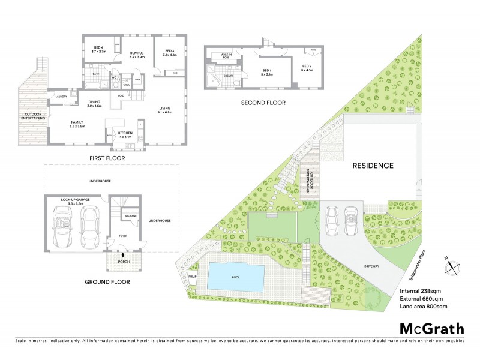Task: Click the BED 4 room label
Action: click(x=99, y=50)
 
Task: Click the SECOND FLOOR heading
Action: click(x=263, y=103)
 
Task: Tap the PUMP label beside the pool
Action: click(x=192, y=276)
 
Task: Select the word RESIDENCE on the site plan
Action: click(x=372, y=166)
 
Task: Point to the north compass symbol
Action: click(x=452, y=264)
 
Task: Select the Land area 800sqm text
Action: click(x=425, y=307)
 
